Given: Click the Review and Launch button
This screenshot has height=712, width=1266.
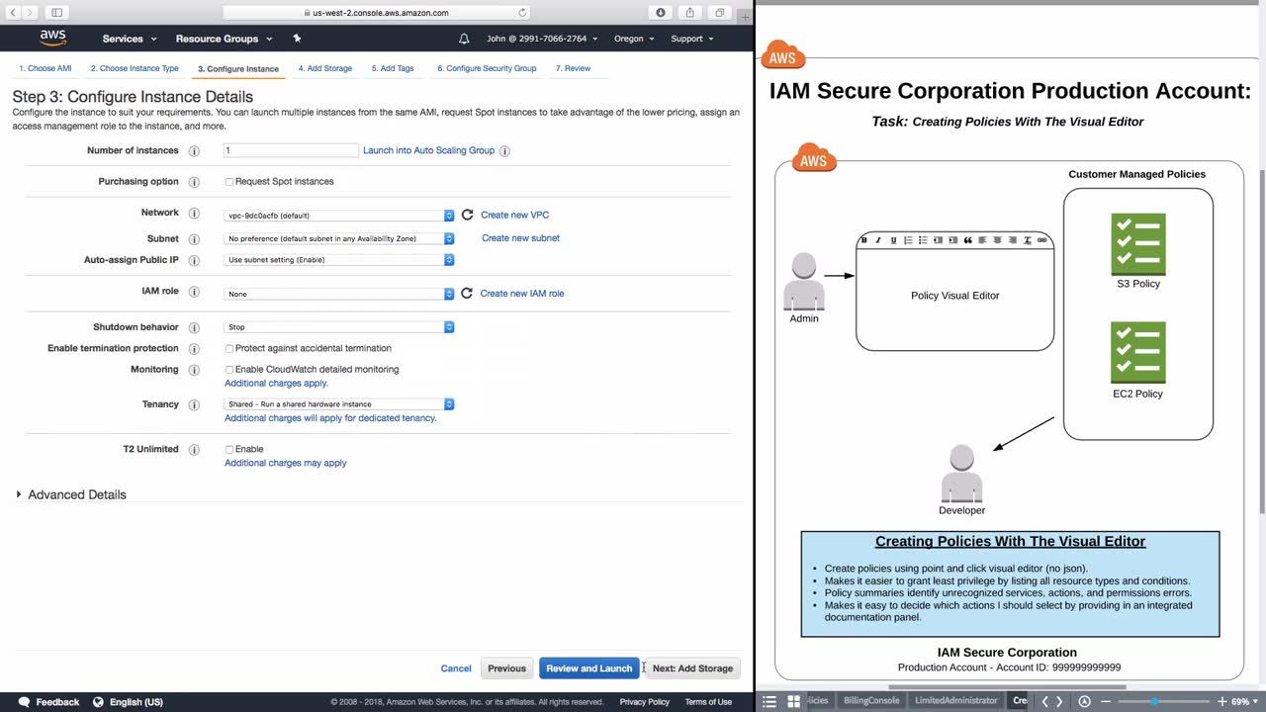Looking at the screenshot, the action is tap(588, 667).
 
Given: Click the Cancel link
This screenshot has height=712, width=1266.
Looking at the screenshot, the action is tap(456, 667).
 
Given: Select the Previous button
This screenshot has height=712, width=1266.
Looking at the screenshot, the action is tap(506, 667).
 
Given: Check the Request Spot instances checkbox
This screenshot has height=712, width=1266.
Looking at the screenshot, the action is tap(228, 182).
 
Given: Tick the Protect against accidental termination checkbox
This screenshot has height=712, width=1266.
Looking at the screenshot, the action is tap(228, 349).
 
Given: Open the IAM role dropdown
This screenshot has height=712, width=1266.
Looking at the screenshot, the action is tap(338, 294).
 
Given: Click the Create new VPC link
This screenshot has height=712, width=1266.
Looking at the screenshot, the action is tap(514, 215).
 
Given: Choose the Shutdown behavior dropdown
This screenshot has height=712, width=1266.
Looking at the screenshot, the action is tap(338, 327).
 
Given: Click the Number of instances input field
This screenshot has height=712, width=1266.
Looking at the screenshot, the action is tap(291, 150).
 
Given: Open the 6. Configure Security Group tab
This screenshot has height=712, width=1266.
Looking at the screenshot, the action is tap(487, 68).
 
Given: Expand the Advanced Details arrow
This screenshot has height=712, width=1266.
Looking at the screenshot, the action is tap(19, 494).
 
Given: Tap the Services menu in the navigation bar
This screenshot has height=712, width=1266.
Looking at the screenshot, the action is tap(130, 39).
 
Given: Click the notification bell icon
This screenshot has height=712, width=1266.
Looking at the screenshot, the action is tap(464, 39).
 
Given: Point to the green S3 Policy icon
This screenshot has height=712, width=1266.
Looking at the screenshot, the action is tap(1138, 244).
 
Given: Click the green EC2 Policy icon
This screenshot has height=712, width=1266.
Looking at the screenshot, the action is tap(1138, 353).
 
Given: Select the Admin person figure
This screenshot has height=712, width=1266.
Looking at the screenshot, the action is tap(804, 282).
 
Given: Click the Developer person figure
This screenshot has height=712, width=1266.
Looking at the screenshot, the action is tap(962, 474).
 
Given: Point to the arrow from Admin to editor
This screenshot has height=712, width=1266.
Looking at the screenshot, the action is tap(840, 276).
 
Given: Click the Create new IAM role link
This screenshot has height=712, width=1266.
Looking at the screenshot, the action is tap(521, 294).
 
